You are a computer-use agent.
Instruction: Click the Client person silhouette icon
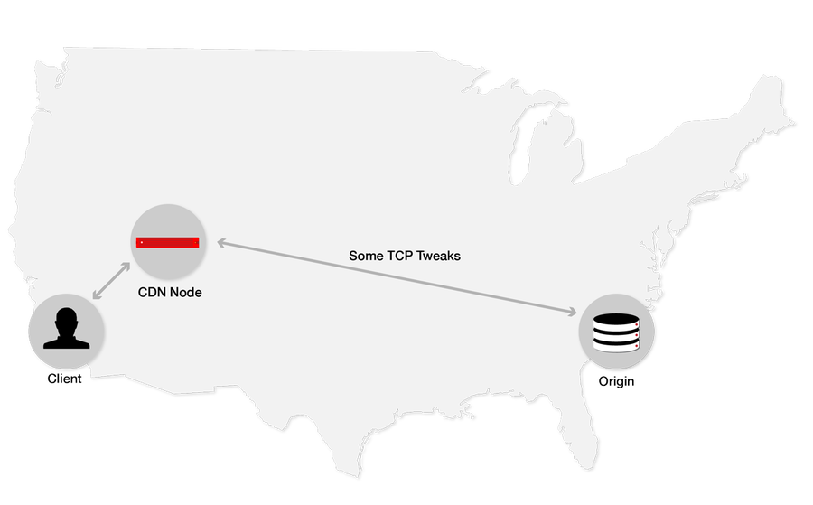pos(66,328)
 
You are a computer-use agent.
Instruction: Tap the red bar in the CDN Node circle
pos(167,243)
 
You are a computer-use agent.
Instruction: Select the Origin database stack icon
pos(616,332)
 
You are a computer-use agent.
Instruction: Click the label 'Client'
pos(64,379)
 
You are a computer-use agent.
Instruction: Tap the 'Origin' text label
pos(616,381)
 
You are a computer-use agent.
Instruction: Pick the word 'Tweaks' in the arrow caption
pos(438,256)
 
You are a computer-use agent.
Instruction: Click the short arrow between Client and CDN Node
pos(111,281)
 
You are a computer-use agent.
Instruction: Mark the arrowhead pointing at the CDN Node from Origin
pos(221,242)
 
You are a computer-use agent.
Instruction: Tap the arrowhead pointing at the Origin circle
pos(573,312)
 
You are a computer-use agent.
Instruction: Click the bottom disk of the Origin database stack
pos(616,345)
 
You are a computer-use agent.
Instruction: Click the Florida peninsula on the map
pos(580,426)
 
